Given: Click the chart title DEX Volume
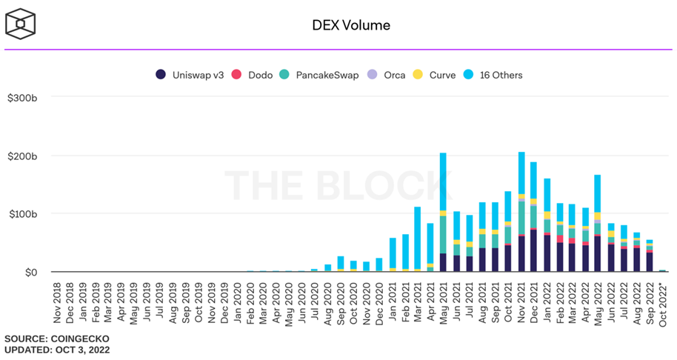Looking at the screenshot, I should [350, 25].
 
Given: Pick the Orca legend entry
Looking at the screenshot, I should [387, 75].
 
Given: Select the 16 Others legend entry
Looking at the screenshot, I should [494, 75].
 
